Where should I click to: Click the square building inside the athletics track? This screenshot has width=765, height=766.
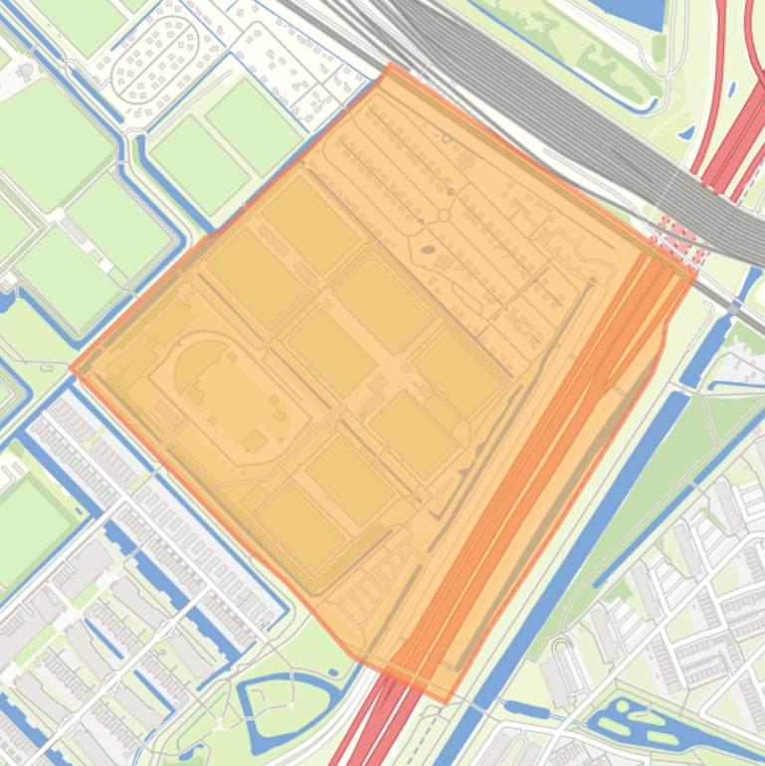(256, 440)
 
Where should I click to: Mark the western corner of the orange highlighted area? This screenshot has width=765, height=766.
(72, 368)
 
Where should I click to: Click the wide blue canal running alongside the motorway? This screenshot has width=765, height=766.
(597, 517)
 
